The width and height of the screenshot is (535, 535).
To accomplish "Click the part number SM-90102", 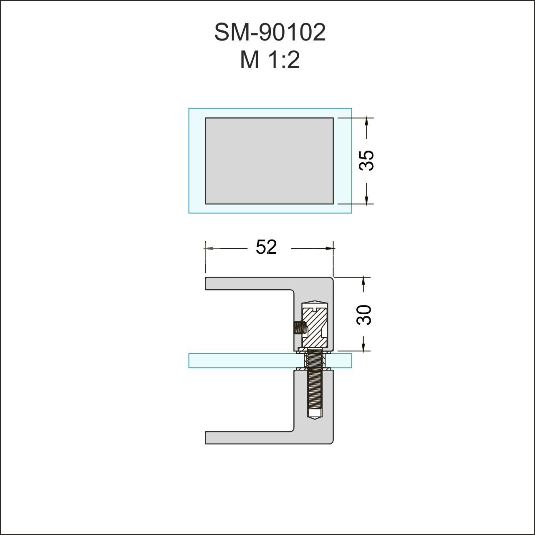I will [270, 33].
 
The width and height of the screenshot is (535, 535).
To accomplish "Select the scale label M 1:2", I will [270, 60].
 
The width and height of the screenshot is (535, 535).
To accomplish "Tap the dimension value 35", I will [367, 161].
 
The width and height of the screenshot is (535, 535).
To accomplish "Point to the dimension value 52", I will [266, 247].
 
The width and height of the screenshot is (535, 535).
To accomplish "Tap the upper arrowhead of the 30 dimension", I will [363, 280].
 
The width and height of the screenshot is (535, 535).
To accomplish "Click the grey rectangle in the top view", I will [269, 161].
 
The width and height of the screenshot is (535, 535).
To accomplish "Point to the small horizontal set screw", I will [298, 328].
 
